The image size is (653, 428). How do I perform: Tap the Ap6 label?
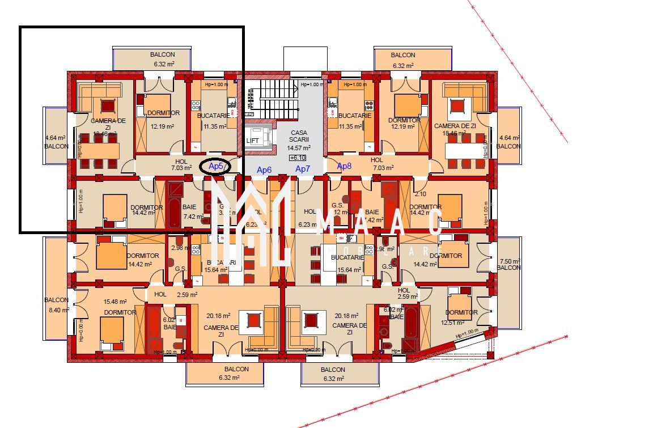click(x=264, y=169)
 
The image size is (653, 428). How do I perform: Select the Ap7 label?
click(x=303, y=169)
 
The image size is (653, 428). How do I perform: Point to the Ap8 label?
click(x=345, y=166)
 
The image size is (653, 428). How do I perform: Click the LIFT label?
click(x=253, y=141)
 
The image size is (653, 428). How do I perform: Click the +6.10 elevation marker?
click(x=296, y=158)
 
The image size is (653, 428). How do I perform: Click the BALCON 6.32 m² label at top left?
click(x=163, y=60)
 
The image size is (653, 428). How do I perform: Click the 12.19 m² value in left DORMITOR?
click(x=162, y=127)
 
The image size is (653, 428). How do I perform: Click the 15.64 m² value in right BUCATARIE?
click(x=348, y=270)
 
